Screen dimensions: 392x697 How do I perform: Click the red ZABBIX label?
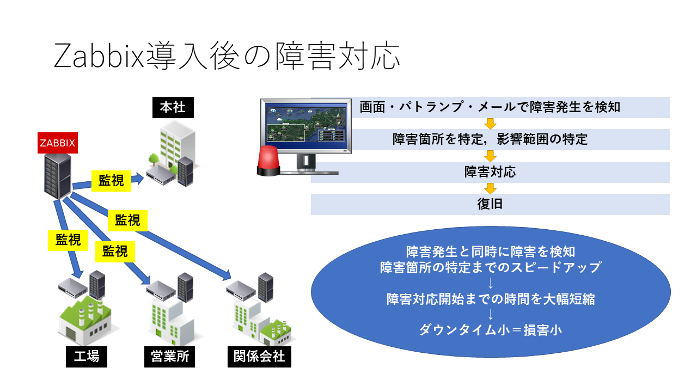point(57,143)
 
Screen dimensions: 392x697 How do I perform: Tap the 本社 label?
point(173,107)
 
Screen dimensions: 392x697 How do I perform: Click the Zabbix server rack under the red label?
point(58,175)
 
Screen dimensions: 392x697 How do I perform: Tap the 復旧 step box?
point(490,205)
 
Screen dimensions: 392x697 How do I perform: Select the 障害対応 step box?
point(490,172)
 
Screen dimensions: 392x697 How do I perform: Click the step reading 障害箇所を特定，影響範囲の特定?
point(490,139)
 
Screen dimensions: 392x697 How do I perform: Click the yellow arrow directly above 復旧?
point(491,188)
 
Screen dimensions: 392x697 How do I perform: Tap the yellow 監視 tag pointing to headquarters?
point(111,181)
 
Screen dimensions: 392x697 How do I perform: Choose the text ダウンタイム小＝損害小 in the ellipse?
point(490,329)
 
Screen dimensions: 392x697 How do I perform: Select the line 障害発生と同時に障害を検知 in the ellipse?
point(490,252)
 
